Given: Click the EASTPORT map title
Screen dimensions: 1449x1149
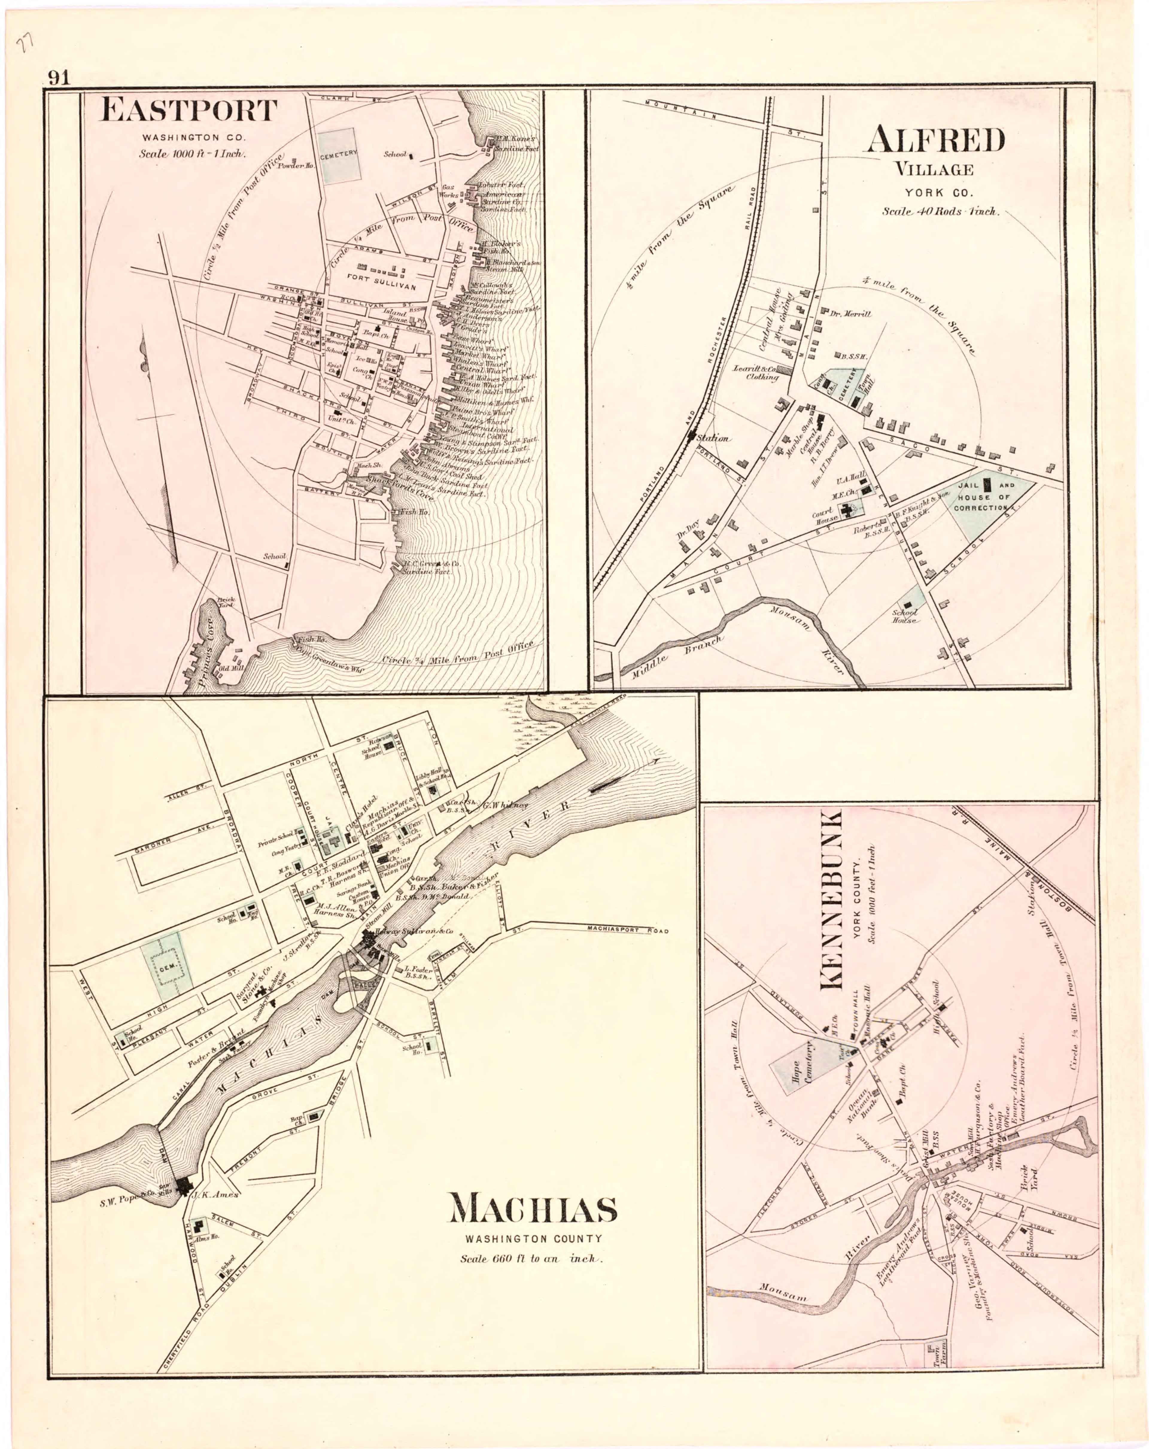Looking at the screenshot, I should pos(188,110).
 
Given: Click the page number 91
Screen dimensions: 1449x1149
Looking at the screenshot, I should pos(58,78).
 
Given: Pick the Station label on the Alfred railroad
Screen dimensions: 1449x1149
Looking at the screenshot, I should pos(712,438).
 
